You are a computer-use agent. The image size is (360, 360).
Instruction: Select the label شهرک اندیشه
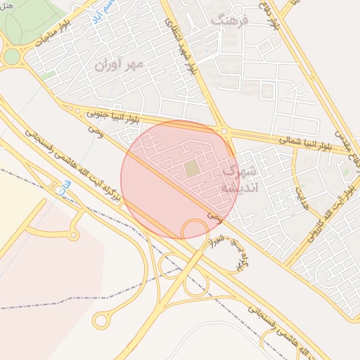coord(240,179)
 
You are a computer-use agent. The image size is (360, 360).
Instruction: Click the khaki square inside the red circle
coord(192,169)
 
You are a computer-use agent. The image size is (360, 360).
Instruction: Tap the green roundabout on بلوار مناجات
coord(12,56)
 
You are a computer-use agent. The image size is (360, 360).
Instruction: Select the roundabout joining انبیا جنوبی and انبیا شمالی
coord(224,131)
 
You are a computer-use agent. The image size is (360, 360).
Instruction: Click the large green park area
coord(28,21)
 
